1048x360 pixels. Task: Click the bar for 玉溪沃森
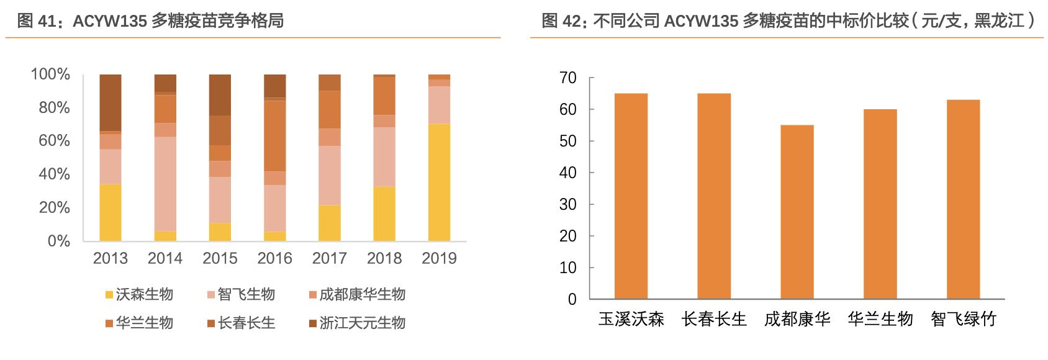click(631, 196)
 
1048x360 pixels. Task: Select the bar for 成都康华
click(797, 212)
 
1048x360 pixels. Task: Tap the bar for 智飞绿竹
click(963, 199)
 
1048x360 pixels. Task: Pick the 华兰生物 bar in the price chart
click(880, 204)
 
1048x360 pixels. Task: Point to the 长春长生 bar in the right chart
click(714, 196)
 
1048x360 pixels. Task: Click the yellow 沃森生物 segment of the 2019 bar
click(439, 182)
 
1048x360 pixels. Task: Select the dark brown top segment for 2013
click(111, 102)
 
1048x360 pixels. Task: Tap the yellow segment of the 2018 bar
click(384, 214)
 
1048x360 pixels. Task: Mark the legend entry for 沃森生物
click(138, 294)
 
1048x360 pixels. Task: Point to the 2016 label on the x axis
click(274, 258)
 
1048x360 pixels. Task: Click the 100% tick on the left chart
click(51, 74)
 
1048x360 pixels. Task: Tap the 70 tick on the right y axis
click(568, 78)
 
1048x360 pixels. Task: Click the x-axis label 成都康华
click(797, 319)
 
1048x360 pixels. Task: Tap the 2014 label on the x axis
click(165, 258)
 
